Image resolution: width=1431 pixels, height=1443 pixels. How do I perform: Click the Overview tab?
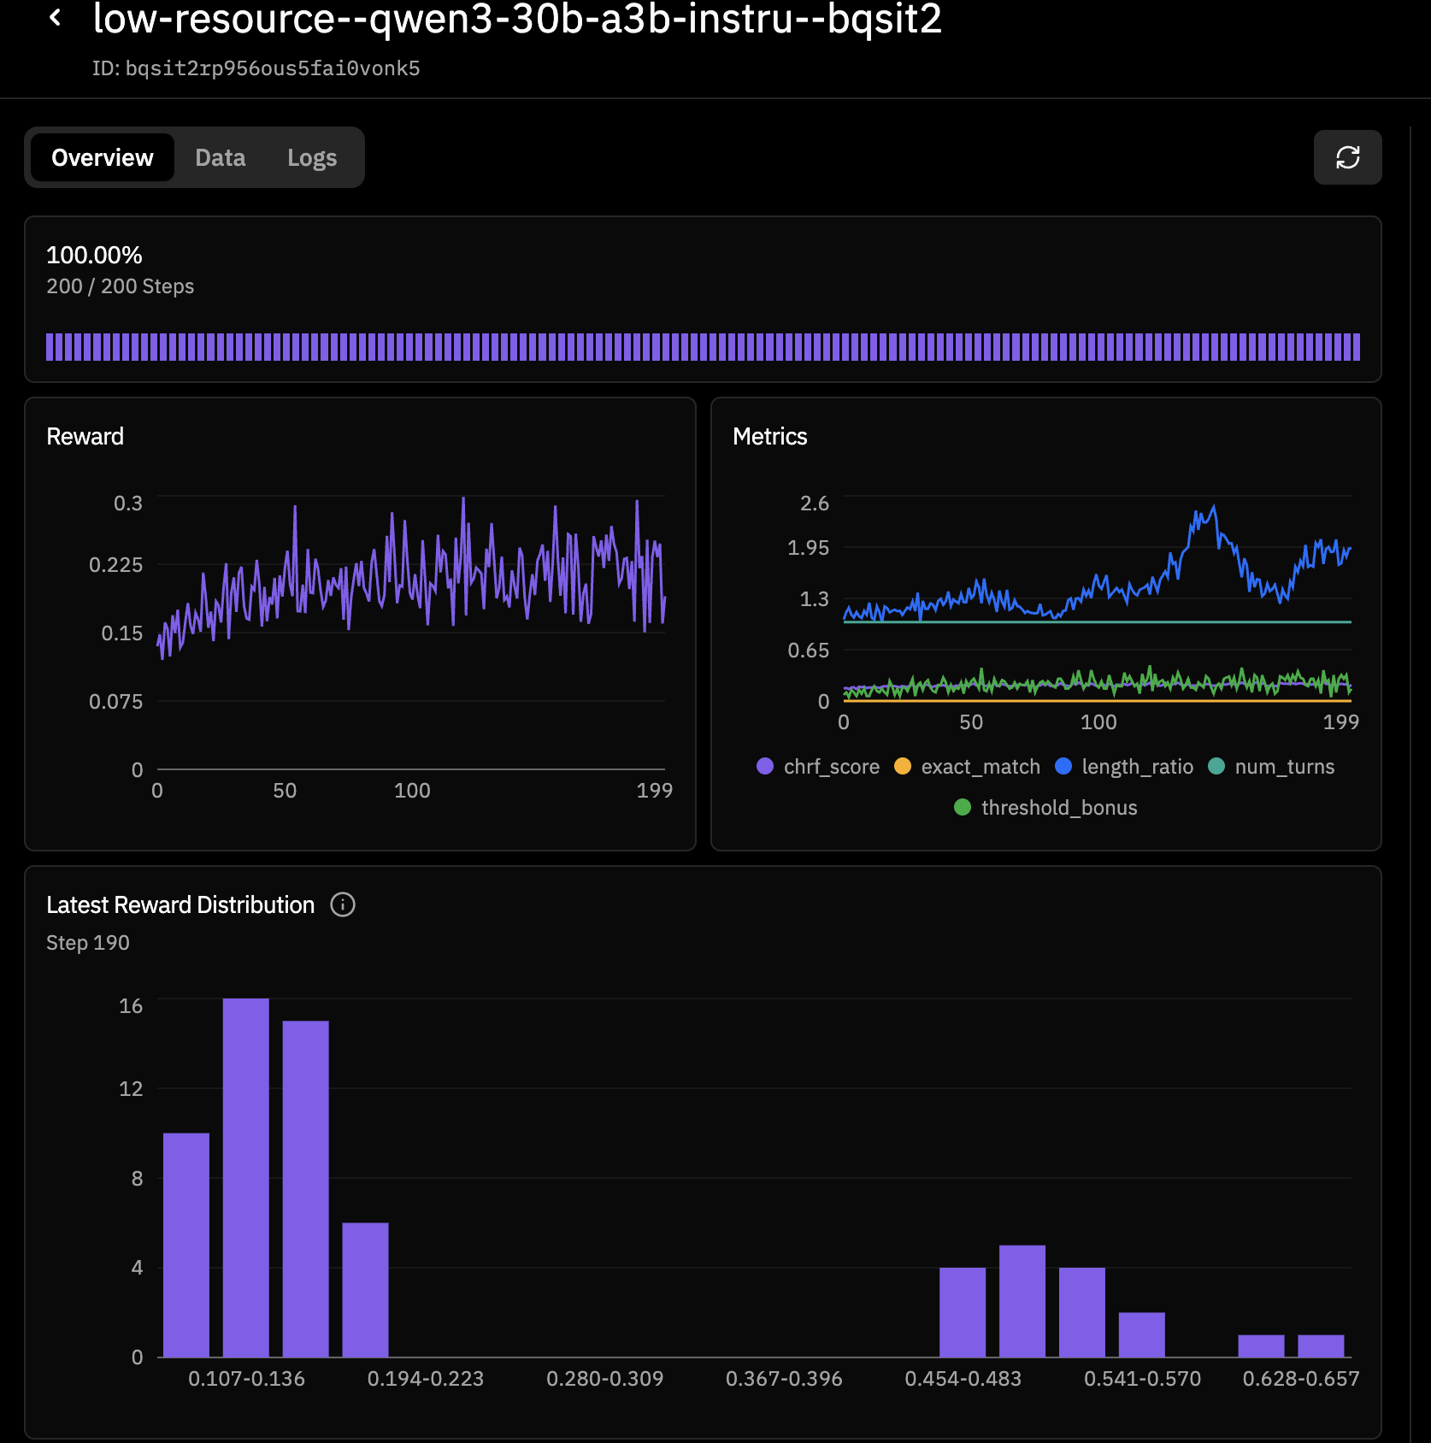[x=102, y=157]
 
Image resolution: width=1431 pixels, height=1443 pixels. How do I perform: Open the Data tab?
[x=220, y=157]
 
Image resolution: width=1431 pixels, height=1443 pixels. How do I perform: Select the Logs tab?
[x=311, y=157]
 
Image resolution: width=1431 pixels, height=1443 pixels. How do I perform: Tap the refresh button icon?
[x=1346, y=157]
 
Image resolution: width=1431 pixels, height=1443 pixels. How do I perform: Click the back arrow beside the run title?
[x=56, y=17]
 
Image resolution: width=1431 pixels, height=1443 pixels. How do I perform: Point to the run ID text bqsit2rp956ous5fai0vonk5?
[x=272, y=68]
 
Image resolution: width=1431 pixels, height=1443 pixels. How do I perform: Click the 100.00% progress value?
[x=94, y=255]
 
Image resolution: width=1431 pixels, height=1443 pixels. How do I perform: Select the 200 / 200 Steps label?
[x=120, y=286]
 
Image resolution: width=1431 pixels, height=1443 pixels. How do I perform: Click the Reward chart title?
[x=85, y=436]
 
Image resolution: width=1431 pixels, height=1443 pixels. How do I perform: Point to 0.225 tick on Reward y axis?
[x=115, y=564]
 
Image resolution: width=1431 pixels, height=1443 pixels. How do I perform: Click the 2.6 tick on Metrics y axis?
[x=814, y=503]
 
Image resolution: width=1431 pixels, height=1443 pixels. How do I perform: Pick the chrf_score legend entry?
[x=818, y=767]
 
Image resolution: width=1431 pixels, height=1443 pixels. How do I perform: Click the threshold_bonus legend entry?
[x=1045, y=808]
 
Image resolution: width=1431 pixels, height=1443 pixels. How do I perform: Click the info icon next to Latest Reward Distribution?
[x=343, y=904]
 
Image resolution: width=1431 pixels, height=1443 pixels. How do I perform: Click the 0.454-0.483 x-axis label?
[x=963, y=1379]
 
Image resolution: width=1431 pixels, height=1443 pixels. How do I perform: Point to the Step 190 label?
[x=88, y=943]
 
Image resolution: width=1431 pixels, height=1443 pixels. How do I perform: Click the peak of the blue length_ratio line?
[x=1213, y=508]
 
